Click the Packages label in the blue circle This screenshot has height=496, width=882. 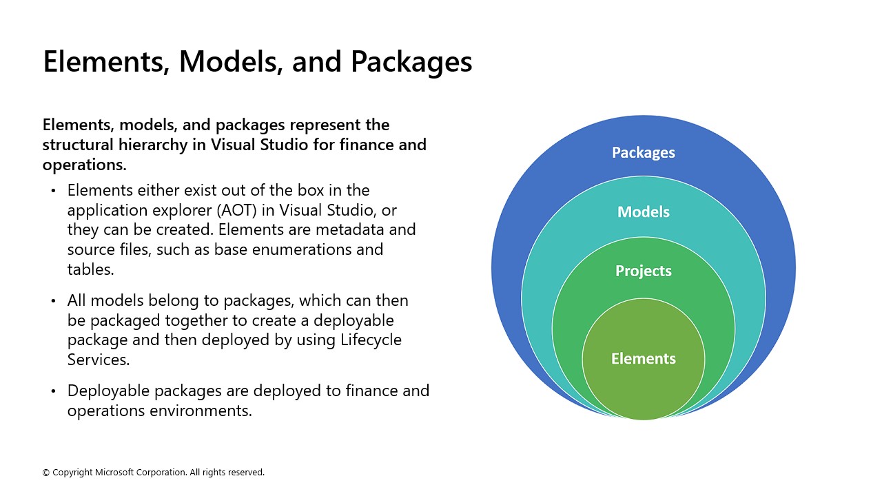(643, 152)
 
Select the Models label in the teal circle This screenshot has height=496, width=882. (643, 211)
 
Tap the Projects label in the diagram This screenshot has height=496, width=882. (643, 271)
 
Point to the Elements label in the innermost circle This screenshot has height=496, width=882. (643, 358)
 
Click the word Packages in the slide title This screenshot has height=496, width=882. (411, 62)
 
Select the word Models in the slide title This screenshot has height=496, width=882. (231, 62)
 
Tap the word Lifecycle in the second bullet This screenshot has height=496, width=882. (371, 340)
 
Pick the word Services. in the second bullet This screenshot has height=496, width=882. (99, 360)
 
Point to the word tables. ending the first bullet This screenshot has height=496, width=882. (90, 269)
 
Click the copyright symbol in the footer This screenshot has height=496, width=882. (46, 473)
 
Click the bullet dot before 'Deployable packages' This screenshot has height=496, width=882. (54, 391)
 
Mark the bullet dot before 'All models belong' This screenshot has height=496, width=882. (54, 301)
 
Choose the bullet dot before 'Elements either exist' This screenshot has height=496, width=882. (54, 190)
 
